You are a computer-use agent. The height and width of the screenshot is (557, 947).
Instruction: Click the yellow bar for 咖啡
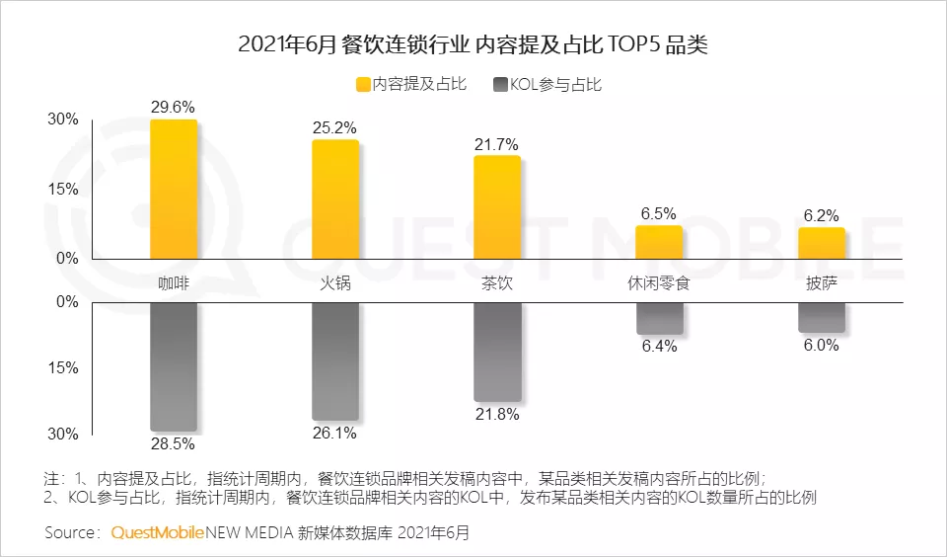[174, 190]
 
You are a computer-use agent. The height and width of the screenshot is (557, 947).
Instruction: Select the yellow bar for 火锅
[335, 199]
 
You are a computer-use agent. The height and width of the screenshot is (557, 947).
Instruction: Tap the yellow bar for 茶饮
[497, 207]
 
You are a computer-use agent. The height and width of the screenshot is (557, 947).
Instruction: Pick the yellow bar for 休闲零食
[659, 243]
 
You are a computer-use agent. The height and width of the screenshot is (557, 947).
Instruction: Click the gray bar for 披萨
[822, 317]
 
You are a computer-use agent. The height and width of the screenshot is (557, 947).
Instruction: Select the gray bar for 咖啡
[174, 366]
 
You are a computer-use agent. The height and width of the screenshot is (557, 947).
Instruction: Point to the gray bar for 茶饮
[497, 352]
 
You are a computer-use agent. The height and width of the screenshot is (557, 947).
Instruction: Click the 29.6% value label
[173, 107]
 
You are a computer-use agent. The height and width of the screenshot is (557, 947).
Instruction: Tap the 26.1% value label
[334, 433]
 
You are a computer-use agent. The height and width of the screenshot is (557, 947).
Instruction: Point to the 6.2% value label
[822, 215]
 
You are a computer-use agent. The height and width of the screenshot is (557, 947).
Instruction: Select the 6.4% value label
[660, 346]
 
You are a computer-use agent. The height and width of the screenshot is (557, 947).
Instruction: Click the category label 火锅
[335, 283]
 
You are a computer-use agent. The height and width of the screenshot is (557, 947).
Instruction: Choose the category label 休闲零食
[659, 283]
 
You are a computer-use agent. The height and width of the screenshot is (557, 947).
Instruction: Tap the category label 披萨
[822, 283]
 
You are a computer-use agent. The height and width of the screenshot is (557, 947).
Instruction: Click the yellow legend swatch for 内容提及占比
[363, 85]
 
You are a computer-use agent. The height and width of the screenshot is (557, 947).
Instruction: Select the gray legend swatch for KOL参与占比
[500, 85]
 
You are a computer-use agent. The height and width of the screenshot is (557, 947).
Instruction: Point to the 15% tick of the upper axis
[63, 190]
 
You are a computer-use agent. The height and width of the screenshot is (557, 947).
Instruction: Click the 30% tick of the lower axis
[63, 434]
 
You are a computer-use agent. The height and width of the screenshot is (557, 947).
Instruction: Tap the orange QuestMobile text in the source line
[158, 533]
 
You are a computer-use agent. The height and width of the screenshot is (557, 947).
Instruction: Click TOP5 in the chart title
[633, 44]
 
